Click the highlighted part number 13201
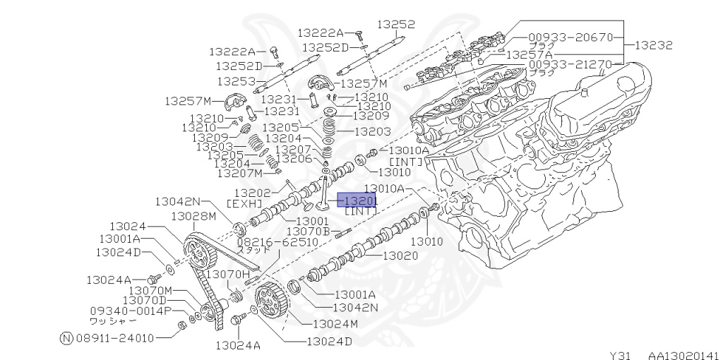(358, 200)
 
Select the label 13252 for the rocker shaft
(395, 24)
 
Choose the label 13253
(236, 81)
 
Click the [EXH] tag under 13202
(244, 203)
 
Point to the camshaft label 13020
(400, 256)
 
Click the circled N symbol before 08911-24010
(67, 337)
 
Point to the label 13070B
(309, 231)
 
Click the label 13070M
(150, 290)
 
